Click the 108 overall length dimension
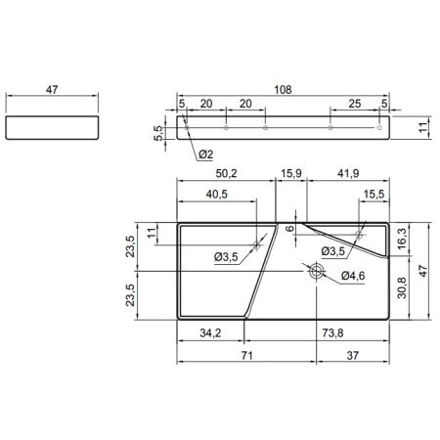[x=283, y=90]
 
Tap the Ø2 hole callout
[x=206, y=154]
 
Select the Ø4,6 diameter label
[x=353, y=276]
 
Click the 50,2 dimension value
[x=226, y=173]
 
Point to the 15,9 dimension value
[x=291, y=173]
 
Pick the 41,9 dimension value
[x=348, y=173]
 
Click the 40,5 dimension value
[x=217, y=195]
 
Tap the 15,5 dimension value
[x=374, y=195]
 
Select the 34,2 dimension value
[x=210, y=333]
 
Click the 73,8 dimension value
[x=332, y=333]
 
